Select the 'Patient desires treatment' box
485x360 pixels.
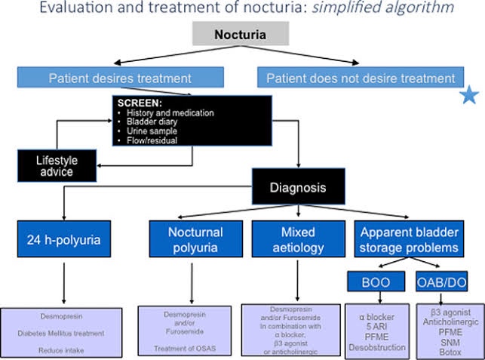pos(121,77)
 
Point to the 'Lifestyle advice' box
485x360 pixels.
pos(57,166)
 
